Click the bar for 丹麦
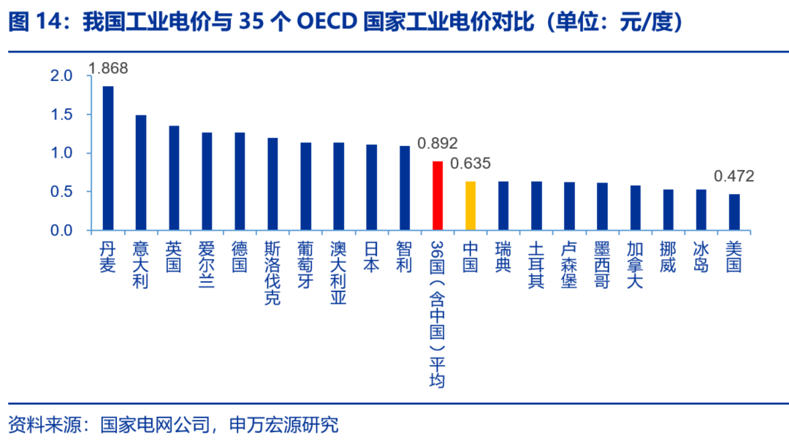[x=108, y=158]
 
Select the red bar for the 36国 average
[x=438, y=196]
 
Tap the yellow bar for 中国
[x=470, y=206]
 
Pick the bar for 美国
[x=733, y=212]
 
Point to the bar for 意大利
[x=141, y=173]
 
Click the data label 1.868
[x=108, y=69]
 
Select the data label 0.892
[x=438, y=144]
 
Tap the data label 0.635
[x=470, y=164]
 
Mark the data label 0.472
[x=733, y=176]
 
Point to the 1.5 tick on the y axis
[x=62, y=115]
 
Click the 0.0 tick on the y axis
[x=62, y=231]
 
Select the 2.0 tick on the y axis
[x=62, y=76]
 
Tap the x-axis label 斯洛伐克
[x=272, y=273]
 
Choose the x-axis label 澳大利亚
[x=338, y=273]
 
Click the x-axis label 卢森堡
[x=569, y=264]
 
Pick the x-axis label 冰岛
[x=701, y=255]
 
